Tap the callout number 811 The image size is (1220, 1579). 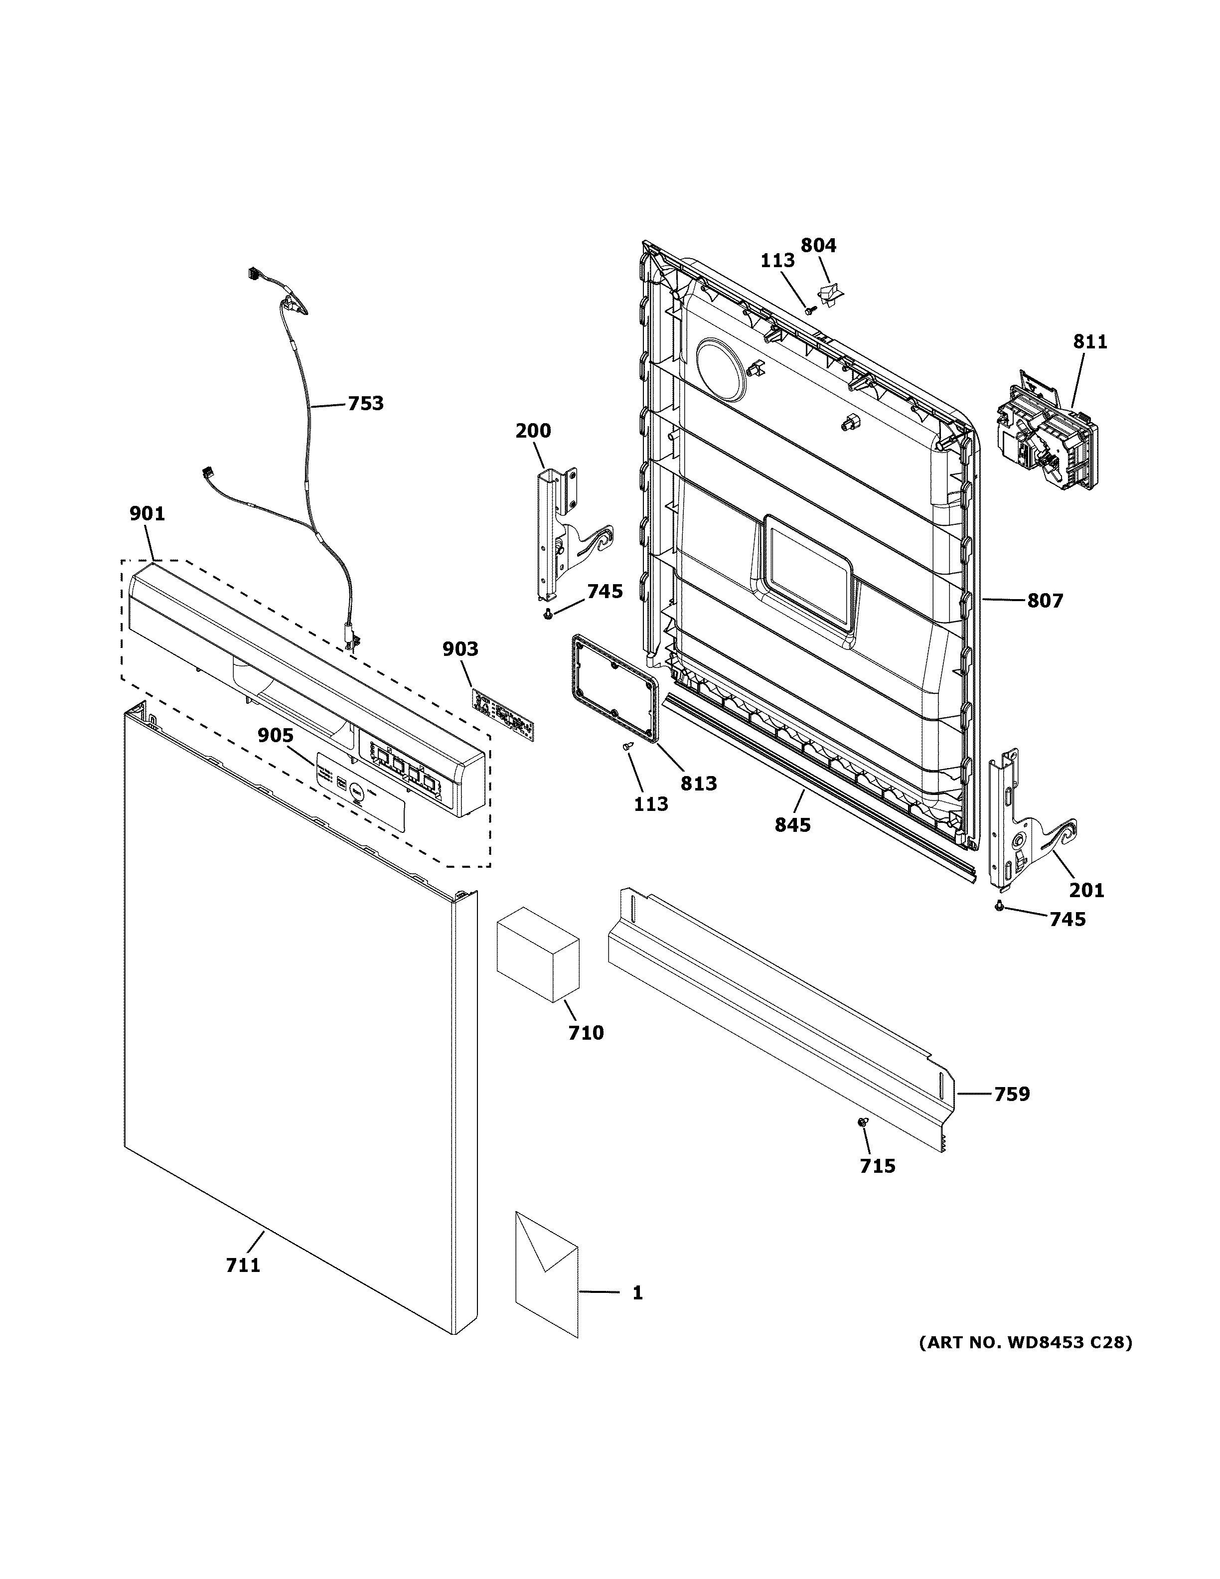click(1089, 341)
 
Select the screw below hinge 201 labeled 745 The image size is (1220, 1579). click(999, 907)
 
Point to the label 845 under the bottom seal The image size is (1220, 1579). click(793, 824)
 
